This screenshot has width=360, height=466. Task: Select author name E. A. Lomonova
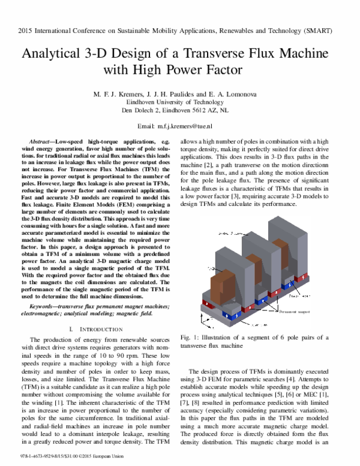pyautogui.click(x=240, y=95)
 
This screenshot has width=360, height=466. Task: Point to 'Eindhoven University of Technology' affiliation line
pyautogui.click(x=180, y=103)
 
